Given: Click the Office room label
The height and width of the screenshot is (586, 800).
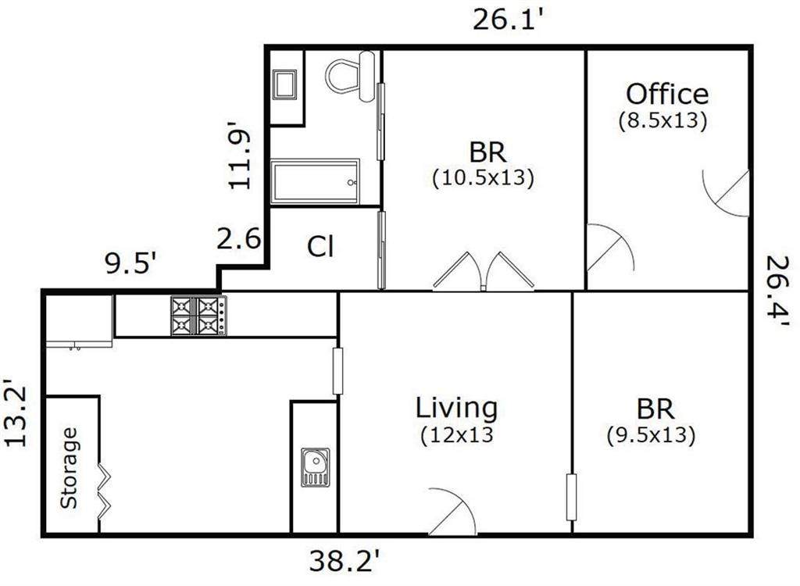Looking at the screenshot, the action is [667, 95].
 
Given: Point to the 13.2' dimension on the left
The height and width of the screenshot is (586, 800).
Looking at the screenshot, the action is [16, 413].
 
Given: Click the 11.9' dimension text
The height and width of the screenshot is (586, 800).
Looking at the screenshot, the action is [239, 155].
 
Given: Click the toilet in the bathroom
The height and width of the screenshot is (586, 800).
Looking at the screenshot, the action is [352, 76].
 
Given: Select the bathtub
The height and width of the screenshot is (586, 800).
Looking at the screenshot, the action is [315, 182].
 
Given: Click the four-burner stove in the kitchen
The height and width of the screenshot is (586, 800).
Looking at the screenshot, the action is [199, 316].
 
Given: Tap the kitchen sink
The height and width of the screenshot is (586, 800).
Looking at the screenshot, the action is [315, 466].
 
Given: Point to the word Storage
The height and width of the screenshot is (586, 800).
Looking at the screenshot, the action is [69, 468].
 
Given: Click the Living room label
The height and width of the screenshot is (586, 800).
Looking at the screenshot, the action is [456, 408].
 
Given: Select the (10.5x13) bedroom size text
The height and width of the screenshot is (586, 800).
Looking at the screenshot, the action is [483, 178].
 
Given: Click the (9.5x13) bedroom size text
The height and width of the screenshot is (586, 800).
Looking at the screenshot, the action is [651, 435].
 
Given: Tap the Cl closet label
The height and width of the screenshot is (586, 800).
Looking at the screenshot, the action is [320, 247].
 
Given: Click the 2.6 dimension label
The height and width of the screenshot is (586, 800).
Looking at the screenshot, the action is [239, 238].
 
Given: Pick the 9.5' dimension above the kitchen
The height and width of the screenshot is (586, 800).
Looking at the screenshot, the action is [130, 263].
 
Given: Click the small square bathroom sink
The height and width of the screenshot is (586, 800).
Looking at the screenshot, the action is [284, 84].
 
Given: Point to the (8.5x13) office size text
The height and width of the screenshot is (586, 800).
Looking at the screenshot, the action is [662, 120].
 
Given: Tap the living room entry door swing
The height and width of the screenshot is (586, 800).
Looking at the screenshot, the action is [452, 511].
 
